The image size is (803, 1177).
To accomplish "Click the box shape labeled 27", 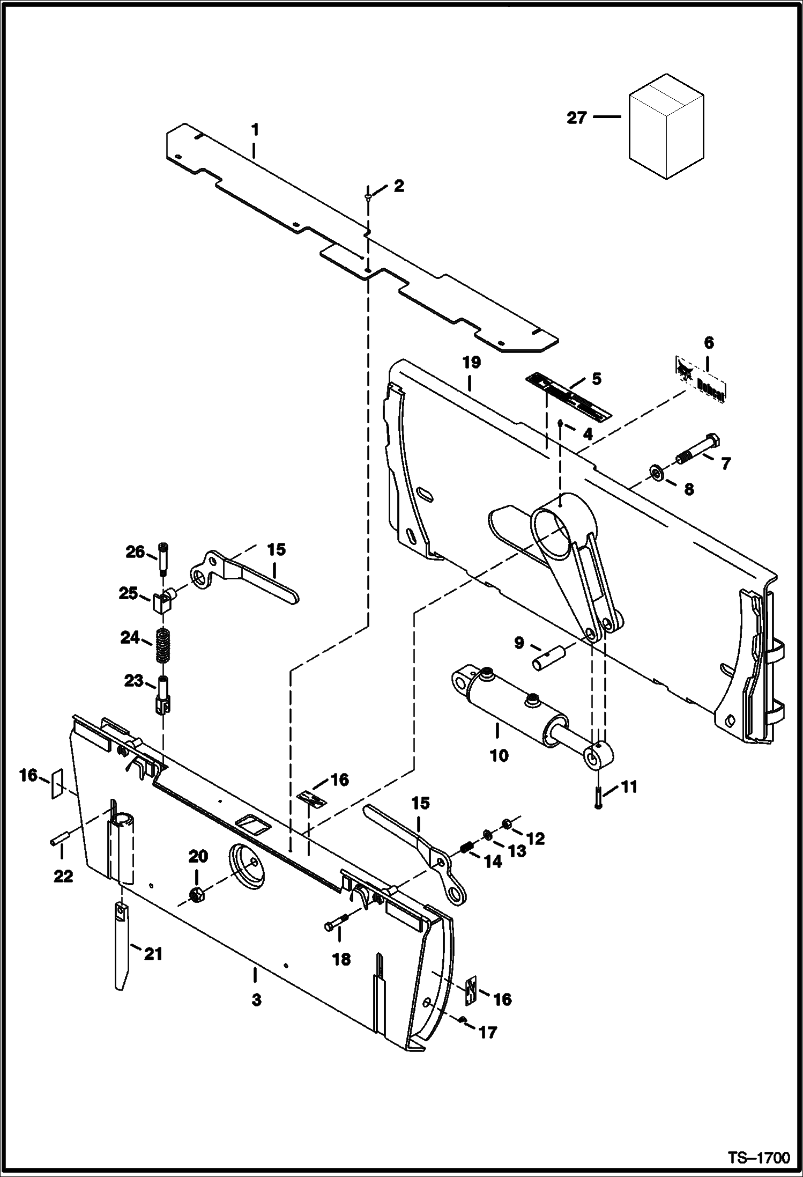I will (666, 128).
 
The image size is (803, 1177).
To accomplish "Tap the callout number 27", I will (577, 118).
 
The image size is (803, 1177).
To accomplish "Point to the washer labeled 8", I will (656, 473).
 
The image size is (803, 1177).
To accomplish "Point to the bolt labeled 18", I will (336, 923).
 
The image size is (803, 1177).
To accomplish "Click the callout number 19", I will (472, 362).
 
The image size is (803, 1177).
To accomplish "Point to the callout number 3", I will (256, 1001).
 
